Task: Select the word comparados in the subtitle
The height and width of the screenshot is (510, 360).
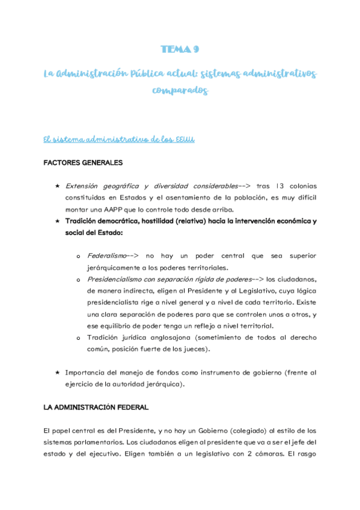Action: click(x=180, y=91)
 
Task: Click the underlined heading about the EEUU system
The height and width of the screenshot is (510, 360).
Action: click(x=118, y=140)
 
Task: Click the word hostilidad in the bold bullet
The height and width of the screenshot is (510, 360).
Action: click(x=172, y=221)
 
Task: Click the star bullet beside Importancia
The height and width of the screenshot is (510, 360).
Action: click(x=57, y=372)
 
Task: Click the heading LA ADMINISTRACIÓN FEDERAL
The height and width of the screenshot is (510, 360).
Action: click(x=96, y=407)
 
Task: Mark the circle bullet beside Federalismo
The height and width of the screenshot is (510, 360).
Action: click(x=78, y=257)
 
